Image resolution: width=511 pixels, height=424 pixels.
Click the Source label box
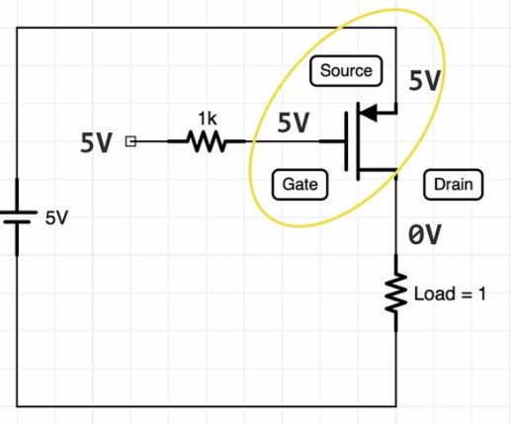point(346,71)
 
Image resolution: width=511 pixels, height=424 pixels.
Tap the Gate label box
point(299,184)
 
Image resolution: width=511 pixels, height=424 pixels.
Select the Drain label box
point(454,184)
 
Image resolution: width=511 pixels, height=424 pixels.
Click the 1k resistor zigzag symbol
point(207,141)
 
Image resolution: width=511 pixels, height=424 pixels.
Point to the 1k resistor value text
point(208,119)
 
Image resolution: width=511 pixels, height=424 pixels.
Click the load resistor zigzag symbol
point(396,293)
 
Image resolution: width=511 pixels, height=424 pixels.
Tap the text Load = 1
point(450,294)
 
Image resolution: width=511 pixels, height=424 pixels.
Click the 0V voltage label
point(424,235)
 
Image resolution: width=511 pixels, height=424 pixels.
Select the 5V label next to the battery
point(56,217)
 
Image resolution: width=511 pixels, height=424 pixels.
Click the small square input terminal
point(130,141)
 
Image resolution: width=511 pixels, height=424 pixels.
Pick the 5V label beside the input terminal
point(97,142)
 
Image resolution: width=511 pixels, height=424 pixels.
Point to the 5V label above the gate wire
point(294,123)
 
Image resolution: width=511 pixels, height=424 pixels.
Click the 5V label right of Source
point(425,81)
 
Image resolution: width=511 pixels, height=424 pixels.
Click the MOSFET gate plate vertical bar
point(346,141)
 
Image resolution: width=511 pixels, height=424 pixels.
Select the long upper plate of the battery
point(17,212)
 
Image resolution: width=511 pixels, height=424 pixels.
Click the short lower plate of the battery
point(17,222)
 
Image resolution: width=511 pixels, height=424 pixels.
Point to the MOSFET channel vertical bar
point(358,141)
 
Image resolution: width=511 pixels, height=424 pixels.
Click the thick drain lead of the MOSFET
point(378,170)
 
